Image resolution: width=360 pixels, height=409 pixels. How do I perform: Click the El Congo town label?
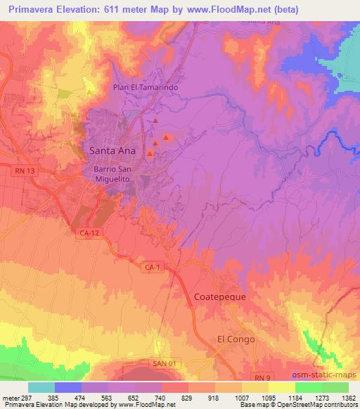point(236,339)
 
